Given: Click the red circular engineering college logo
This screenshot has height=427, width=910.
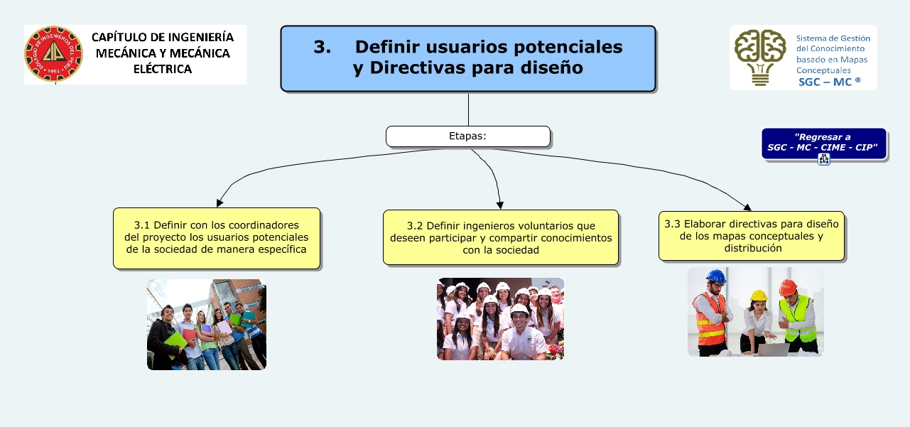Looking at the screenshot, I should click(53, 55).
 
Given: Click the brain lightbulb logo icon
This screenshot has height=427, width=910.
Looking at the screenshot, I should click(760, 58).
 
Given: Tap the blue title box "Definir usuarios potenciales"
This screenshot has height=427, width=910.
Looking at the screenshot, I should click(468, 59).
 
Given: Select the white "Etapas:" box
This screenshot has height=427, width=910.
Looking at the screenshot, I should click(468, 136).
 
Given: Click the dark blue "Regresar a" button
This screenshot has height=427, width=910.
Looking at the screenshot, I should click(823, 143).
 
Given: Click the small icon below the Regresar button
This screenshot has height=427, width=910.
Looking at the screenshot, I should click(824, 159).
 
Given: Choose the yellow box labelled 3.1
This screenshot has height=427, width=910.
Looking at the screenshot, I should click(217, 238).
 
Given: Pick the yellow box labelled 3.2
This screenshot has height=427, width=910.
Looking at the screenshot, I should click(501, 237).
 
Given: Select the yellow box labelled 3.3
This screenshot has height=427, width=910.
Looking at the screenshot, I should click(752, 235).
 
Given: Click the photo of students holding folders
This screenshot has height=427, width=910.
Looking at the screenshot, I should click(207, 325).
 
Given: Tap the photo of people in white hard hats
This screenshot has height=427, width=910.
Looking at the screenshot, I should click(500, 319).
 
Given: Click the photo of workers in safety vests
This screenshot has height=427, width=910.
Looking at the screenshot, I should click(756, 312).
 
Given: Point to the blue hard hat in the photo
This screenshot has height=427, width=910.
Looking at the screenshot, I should click(715, 276).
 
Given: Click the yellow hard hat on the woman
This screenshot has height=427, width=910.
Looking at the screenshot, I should click(759, 296).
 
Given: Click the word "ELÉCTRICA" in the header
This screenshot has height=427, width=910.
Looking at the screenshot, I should click(163, 70).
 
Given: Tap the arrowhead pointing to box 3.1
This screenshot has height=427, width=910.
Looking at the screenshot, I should click(220, 202).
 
